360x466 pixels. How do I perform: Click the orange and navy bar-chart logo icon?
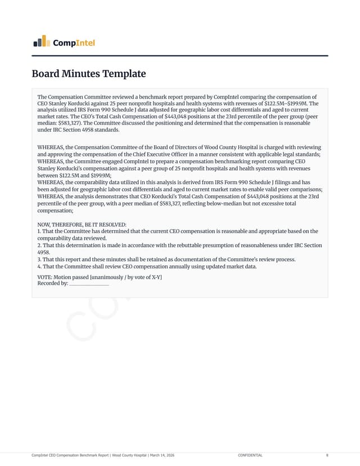pos(41,41)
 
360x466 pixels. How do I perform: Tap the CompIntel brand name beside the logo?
pos(74,43)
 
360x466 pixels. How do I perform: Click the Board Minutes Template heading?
pos(88,74)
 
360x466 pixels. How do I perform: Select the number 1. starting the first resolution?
pos(39,231)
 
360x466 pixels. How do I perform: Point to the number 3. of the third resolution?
pos(39,259)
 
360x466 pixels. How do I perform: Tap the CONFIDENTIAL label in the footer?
pos(250,455)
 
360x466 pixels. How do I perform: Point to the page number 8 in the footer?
pos(327,455)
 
